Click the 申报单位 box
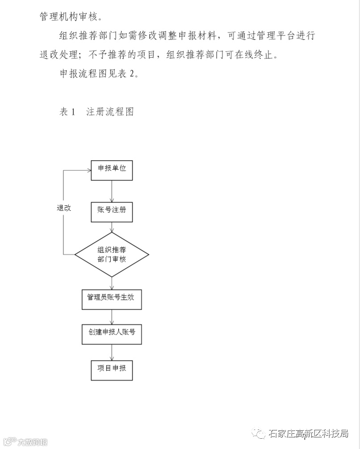click(112, 170)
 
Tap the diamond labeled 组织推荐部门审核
click(112, 255)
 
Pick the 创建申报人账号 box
click(112, 334)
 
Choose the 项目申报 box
click(112, 370)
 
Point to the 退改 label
click(64, 208)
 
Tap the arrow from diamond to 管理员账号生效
click(112, 282)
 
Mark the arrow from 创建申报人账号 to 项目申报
click(112, 352)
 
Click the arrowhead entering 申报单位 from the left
click(88, 170)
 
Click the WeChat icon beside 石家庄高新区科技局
click(259, 433)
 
